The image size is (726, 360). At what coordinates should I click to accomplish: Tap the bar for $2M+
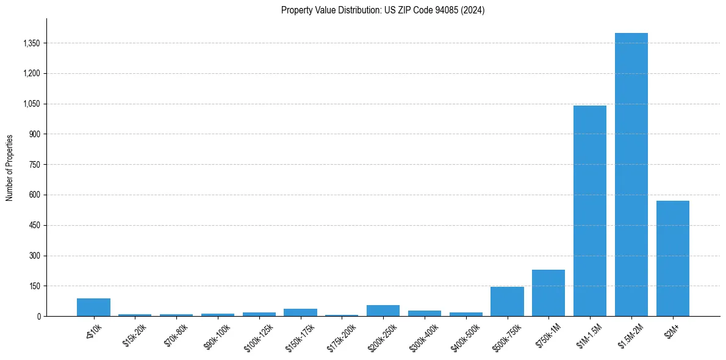(x=672, y=259)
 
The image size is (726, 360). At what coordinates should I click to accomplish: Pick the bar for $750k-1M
(x=548, y=293)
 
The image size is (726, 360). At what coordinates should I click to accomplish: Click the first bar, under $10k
(x=93, y=308)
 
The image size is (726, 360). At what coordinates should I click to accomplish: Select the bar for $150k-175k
(x=300, y=312)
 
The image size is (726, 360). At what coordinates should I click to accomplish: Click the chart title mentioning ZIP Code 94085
(x=383, y=10)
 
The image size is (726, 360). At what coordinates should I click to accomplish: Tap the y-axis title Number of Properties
(x=10, y=168)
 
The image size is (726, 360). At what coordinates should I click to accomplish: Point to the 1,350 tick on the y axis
(x=31, y=43)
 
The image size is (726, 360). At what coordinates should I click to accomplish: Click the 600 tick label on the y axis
(x=34, y=195)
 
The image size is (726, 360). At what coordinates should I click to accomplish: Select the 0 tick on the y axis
(x=38, y=317)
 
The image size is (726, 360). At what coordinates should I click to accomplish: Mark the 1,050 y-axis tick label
(x=31, y=104)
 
